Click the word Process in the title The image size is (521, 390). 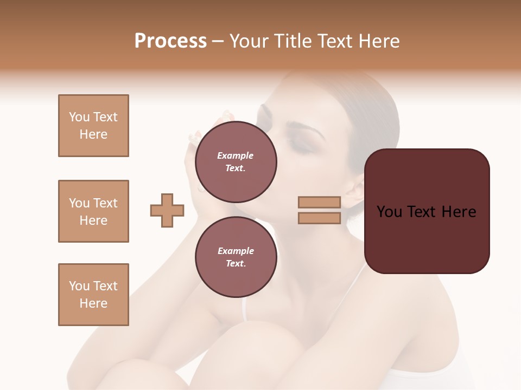pyautogui.click(x=170, y=41)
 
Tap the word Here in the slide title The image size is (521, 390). pyautogui.click(x=380, y=41)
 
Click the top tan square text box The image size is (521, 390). pyautogui.click(x=93, y=126)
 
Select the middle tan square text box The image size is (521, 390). pyautogui.click(x=93, y=211)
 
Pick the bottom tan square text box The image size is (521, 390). pyautogui.click(x=93, y=295)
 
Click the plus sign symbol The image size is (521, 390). pyautogui.click(x=167, y=210)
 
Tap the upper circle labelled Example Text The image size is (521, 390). pyautogui.click(x=236, y=161)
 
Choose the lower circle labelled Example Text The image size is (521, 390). pyautogui.click(x=236, y=257)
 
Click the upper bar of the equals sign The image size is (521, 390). pyautogui.click(x=319, y=202)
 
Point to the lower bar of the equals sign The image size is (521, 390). pyautogui.click(x=319, y=218)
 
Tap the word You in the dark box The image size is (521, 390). pyautogui.click(x=389, y=212)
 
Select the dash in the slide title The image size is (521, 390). pyautogui.click(x=218, y=41)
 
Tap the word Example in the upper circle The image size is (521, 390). pyautogui.click(x=236, y=155)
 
